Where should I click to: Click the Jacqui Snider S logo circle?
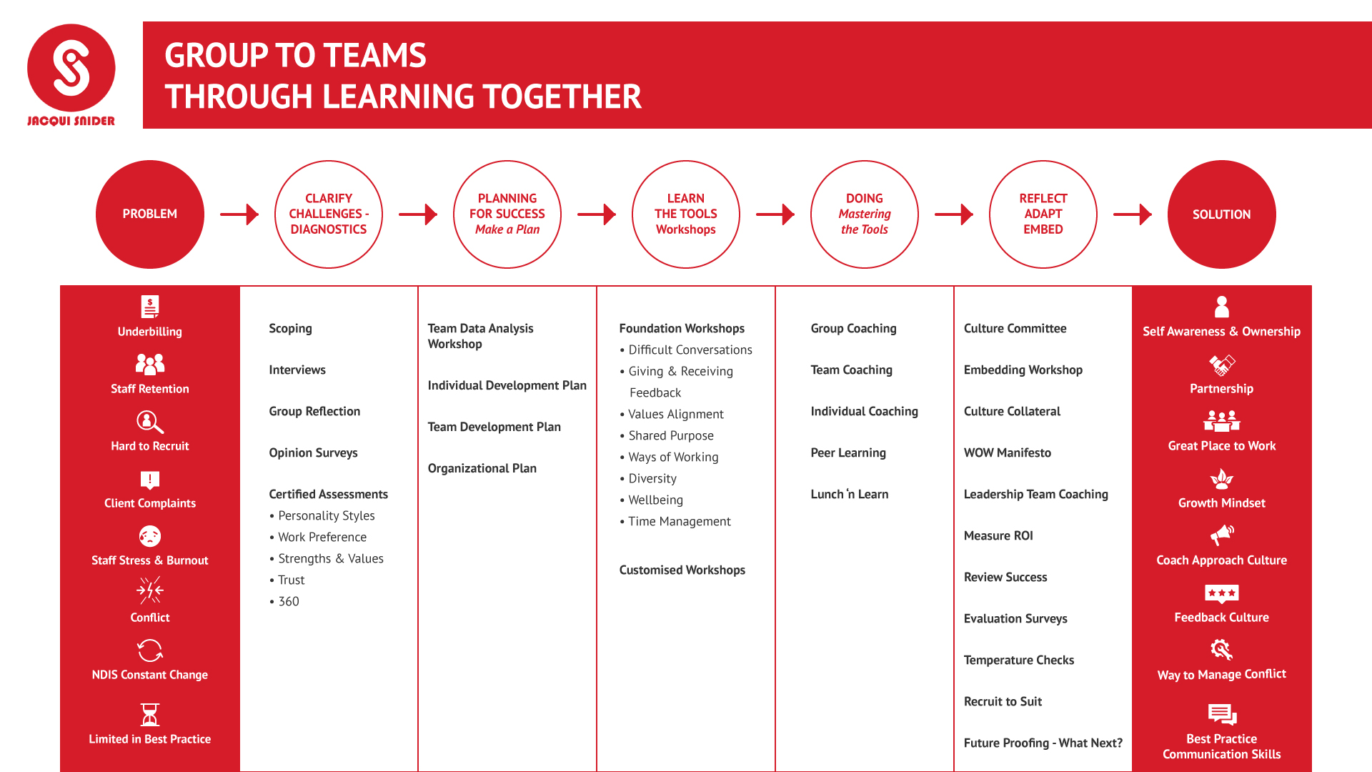pos(71,68)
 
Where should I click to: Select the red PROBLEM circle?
pos(150,214)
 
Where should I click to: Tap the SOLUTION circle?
pos(1222,214)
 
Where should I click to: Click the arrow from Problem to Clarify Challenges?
pos(239,214)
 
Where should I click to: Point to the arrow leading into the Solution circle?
pos(1133,214)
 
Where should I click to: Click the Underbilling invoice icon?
pos(150,307)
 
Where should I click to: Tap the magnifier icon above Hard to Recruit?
pos(150,422)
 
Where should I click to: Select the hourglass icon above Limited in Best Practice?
pos(150,715)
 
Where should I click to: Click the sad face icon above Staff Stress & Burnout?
pos(150,536)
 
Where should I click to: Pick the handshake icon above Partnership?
pos(1222,365)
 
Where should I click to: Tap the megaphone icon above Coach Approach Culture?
pos(1222,535)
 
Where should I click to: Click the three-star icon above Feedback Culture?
pos(1222,593)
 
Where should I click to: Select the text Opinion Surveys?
pos(313,453)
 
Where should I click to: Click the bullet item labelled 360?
pos(284,602)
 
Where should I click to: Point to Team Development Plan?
pos(494,427)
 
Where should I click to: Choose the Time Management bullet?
pos(675,522)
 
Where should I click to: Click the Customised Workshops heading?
pos(682,570)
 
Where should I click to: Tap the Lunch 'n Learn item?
pos(850,495)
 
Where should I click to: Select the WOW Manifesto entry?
pos(1008,453)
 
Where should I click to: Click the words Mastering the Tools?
pos(865,222)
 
